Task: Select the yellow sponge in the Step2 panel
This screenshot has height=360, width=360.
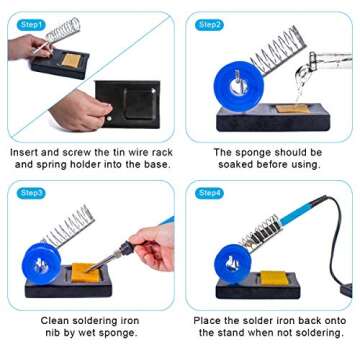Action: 291,108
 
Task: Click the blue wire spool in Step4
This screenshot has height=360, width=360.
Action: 232,263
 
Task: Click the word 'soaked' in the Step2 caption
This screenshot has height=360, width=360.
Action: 222,164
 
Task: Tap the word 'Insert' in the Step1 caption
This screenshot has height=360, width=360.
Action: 27,151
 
